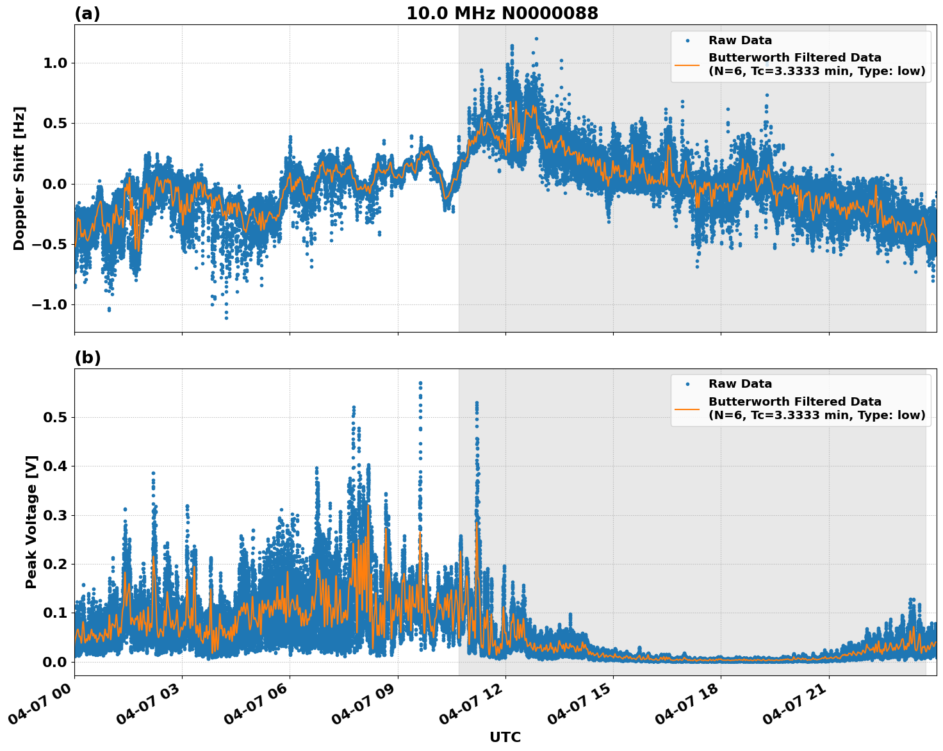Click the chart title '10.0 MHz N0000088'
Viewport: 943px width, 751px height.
502,13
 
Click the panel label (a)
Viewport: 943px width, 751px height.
87,13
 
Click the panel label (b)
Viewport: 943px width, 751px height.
87,358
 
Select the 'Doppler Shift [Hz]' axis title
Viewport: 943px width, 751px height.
19,178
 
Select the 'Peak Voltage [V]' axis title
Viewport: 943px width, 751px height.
31,522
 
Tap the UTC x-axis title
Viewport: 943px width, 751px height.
505,737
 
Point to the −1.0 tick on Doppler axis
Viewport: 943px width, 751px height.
49,304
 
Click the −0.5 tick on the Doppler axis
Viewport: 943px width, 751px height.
49,244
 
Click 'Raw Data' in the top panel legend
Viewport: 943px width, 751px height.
740,40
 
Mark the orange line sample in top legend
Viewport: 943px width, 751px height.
687,65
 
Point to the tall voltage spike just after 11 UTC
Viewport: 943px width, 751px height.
477,404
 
